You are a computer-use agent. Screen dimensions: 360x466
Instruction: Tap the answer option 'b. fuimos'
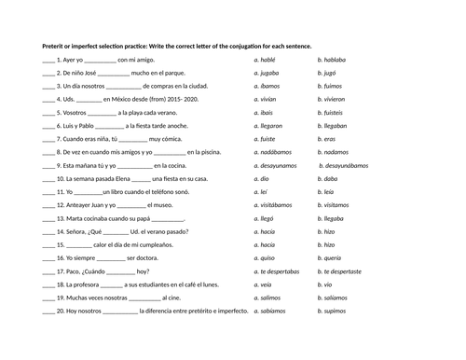333,86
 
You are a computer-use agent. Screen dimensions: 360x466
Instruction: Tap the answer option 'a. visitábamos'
274,203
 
